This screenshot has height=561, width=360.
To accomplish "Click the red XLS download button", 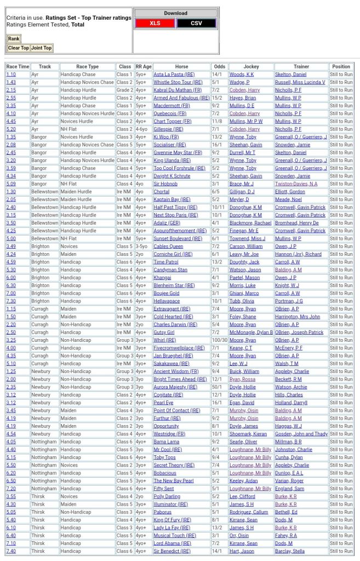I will click(x=155, y=23).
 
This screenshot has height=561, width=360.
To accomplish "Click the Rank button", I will click(x=14, y=39).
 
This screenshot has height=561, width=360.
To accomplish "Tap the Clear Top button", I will click(x=19, y=48).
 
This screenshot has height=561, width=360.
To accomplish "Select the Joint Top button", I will click(x=42, y=48).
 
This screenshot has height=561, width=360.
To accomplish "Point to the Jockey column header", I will click(x=251, y=66).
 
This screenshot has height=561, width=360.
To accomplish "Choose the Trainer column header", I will click(x=301, y=66).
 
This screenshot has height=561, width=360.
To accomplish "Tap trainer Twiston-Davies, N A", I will click(x=296, y=184).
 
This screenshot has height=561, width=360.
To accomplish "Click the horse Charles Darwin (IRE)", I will click(x=175, y=324).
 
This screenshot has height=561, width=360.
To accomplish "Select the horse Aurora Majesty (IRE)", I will click(x=175, y=387).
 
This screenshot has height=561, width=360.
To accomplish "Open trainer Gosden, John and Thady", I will click(x=301, y=434).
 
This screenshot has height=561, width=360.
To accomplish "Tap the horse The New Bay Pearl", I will click(x=174, y=480).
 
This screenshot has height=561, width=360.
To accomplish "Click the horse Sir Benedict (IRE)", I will click(x=172, y=551).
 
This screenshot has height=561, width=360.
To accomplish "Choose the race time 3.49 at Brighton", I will click(x=11, y=246).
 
